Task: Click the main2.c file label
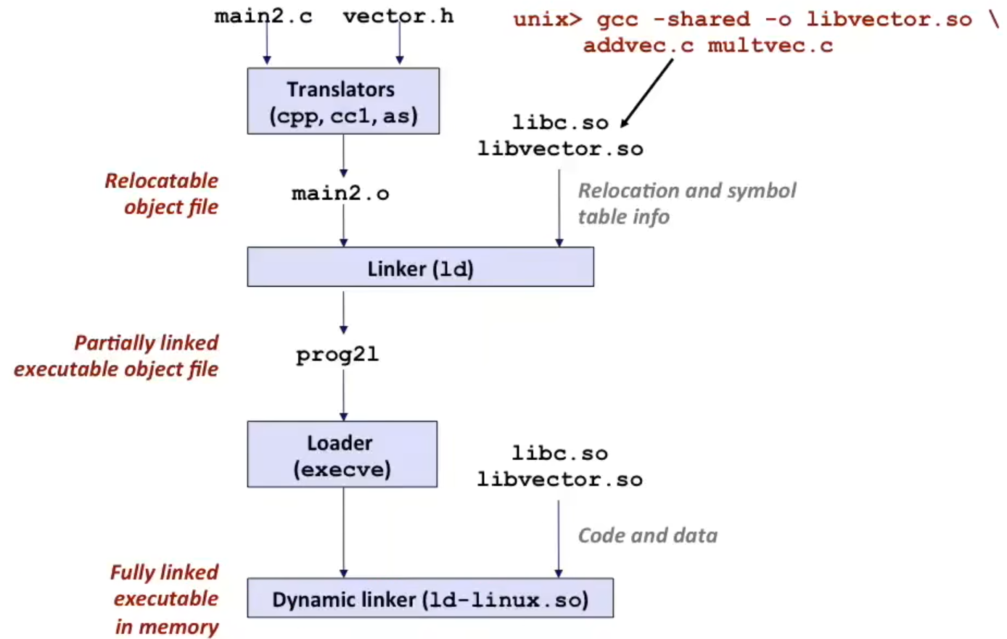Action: pos(263,16)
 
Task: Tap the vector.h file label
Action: pos(398,16)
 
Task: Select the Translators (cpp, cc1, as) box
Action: pos(342,102)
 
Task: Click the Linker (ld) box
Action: pos(420,268)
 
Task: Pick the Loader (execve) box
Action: pos(342,455)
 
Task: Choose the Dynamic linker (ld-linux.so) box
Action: pos(429,599)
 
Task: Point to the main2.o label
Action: pos(340,194)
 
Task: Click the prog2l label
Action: pos(337,355)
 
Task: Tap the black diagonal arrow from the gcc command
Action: pos(647,92)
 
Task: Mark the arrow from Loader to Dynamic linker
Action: pos(343,532)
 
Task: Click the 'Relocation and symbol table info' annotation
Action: pos(686,203)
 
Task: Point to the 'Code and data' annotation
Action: pos(647,535)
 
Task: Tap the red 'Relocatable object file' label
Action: pos(162,194)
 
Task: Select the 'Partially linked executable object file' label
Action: pos(117,355)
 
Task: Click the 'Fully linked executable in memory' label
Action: pos(165,599)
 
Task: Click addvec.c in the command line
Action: pos(638,46)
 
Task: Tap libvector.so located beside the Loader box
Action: pos(559,479)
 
